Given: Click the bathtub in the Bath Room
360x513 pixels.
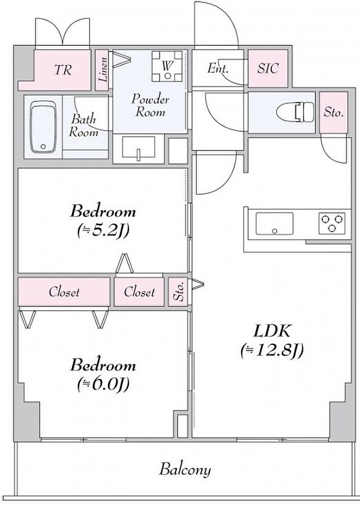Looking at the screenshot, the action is [x=43, y=127].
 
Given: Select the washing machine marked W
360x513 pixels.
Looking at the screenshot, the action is [x=167, y=66].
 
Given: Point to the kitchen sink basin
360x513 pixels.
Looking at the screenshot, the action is [x=274, y=223].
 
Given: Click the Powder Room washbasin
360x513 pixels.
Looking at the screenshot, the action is [x=138, y=148].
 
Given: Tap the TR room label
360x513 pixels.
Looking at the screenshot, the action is [x=63, y=69].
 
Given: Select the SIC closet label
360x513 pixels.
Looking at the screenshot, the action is [x=268, y=68].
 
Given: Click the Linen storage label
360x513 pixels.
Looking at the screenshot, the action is [x=103, y=69].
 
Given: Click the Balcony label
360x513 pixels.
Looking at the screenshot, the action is [x=185, y=469].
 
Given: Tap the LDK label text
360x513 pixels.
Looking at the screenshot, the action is [x=272, y=331].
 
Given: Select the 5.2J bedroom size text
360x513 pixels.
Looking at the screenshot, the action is [x=103, y=231].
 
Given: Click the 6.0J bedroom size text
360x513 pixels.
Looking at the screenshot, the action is [x=103, y=384].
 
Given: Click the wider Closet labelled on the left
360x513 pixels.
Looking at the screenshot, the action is [x=64, y=292].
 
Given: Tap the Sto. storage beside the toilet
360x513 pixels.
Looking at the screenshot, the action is [x=334, y=113].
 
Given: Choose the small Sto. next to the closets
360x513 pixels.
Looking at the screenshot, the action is [x=178, y=292].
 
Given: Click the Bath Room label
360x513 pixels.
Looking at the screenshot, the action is [x=84, y=126].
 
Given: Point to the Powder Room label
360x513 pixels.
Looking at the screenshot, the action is [x=150, y=105].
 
